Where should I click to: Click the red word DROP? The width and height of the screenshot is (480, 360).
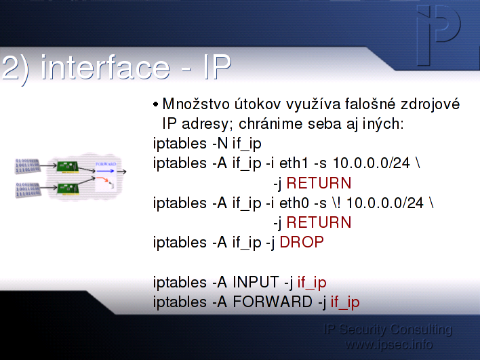(x=302, y=242)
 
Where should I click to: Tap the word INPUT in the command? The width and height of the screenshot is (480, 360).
(x=256, y=282)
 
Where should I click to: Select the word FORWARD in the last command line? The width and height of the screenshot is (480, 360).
(x=273, y=302)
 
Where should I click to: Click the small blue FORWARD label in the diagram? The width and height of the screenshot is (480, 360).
(x=106, y=164)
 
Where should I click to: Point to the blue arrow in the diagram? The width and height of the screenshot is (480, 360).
(x=105, y=171)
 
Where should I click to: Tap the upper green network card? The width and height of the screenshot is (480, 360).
(x=68, y=167)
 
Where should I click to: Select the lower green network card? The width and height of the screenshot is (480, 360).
(x=68, y=188)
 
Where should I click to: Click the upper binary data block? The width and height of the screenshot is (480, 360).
(x=28, y=166)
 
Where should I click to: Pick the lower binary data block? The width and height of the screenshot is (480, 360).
(x=28, y=190)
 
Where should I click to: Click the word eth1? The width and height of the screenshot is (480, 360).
(x=294, y=163)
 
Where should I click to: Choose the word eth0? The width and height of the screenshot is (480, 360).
(x=294, y=203)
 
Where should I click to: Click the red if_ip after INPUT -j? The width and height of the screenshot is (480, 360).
(x=312, y=283)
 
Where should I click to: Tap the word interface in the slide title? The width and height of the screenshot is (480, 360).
(x=105, y=67)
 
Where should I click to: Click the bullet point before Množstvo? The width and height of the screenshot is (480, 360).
(x=156, y=104)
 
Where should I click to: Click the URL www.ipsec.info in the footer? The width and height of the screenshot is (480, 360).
(x=388, y=344)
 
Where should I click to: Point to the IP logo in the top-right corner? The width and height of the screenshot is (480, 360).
(x=439, y=34)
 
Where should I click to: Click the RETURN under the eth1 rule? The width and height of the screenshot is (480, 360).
(x=319, y=183)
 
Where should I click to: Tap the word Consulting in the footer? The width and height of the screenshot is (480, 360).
(x=421, y=329)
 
